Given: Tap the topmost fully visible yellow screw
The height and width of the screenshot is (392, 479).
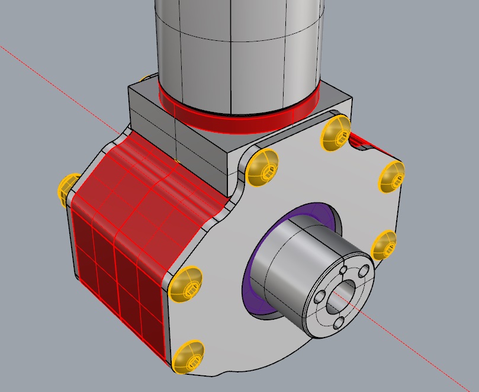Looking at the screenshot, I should coord(336,134).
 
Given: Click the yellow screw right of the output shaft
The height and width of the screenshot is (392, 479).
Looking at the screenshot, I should coord(384,245).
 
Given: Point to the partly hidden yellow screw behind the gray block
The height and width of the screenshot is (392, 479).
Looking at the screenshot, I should coord(144,78).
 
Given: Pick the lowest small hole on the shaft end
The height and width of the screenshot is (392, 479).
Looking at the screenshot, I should coord(340,323).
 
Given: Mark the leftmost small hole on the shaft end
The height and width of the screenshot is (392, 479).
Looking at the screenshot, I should coord(320,296).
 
